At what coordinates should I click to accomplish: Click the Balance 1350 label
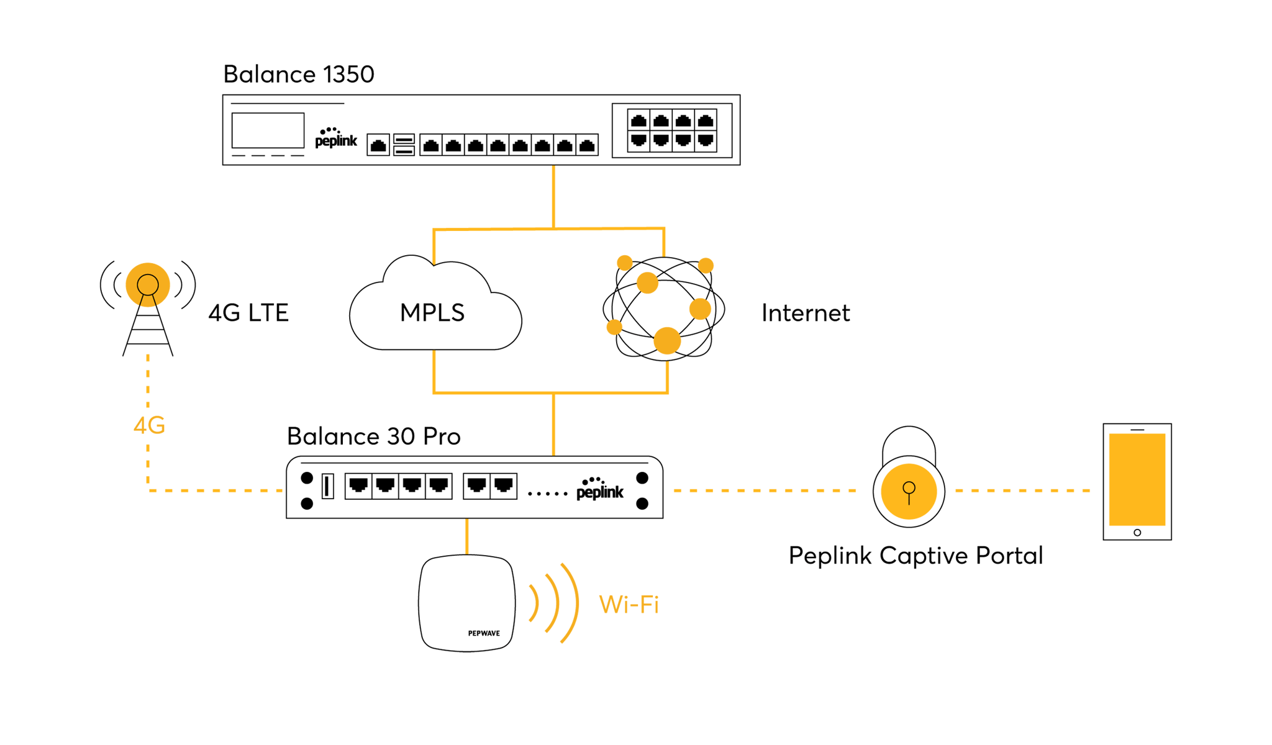pyautogui.click(x=298, y=74)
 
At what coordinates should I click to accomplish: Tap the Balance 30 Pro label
pyautogui.click(x=373, y=436)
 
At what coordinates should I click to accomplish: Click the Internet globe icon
pyautogui.click(x=665, y=309)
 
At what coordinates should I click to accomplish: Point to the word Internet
pyautogui.click(x=805, y=313)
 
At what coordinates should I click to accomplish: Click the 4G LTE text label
pyautogui.click(x=248, y=313)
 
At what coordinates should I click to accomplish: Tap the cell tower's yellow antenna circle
pyautogui.click(x=148, y=285)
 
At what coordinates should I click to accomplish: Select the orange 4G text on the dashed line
pyautogui.click(x=149, y=426)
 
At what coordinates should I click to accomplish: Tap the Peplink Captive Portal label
pyautogui.click(x=915, y=556)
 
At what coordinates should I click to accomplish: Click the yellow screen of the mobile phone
pyautogui.click(x=1137, y=479)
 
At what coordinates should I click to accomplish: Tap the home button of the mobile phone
pyautogui.click(x=1137, y=533)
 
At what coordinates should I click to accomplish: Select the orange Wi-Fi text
pyautogui.click(x=629, y=604)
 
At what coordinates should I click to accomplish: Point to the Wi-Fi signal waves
pyautogui.click(x=555, y=602)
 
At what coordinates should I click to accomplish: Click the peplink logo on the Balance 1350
pyautogui.click(x=336, y=138)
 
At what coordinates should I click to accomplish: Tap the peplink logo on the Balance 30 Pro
pyautogui.click(x=599, y=489)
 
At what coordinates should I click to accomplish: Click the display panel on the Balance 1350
pyautogui.click(x=268, y=130)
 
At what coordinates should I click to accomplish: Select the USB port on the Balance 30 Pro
pyautogui.click(x=328, y=486)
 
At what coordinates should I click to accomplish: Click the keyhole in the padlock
pyautogui.click(x=909, y=490)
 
